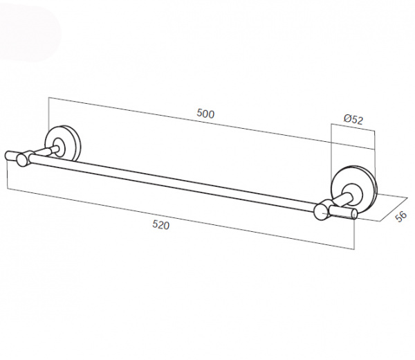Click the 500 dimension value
[205, 114]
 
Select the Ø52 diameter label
[353, 120]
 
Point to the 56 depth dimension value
[400, 216]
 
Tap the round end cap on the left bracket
[23, 161]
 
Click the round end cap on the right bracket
[322, 212]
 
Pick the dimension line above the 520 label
[180, 216]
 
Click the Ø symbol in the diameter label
[347, 120]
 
